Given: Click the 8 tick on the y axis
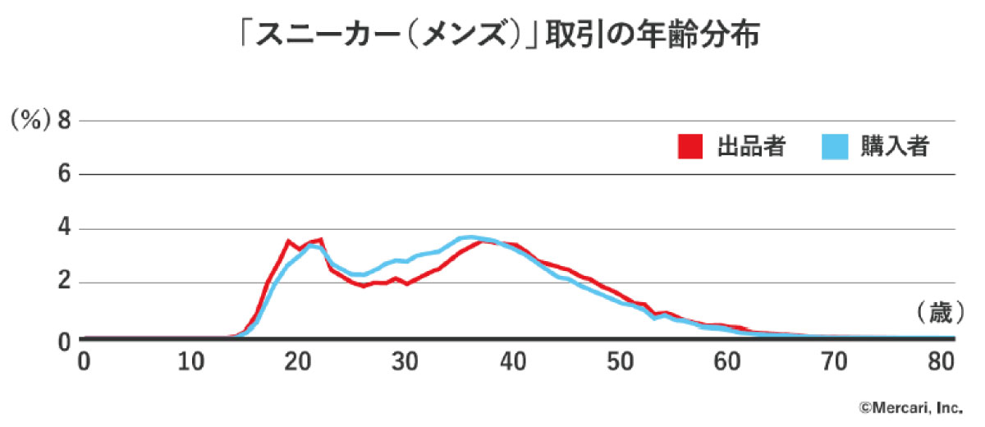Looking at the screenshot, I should pos(63,121).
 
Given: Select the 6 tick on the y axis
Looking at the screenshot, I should pos(63,175).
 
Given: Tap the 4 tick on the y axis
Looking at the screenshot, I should pos(63,229).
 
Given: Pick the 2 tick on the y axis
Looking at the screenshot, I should pos(63,283).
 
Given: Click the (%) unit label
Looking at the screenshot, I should pos(30,121).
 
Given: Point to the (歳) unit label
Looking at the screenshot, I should pos(934,313).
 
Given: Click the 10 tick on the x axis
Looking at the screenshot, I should pos(190,360).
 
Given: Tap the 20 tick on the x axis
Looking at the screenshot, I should pos(298,360).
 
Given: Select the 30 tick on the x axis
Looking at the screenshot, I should pos(405,360).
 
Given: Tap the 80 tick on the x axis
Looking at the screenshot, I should pos(942,360).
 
